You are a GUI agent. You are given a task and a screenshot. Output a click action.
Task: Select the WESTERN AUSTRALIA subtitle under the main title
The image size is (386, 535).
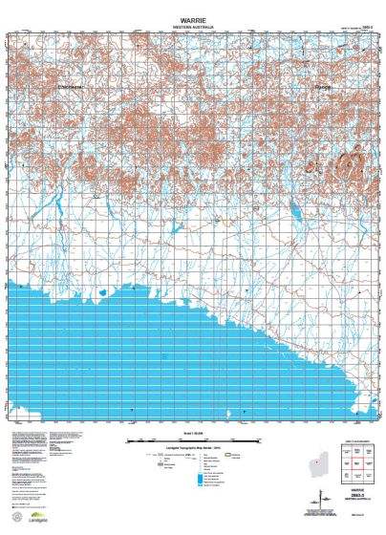(x=192, y=26)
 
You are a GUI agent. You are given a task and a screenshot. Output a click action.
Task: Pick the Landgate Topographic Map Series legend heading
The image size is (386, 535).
(x=192, y=449)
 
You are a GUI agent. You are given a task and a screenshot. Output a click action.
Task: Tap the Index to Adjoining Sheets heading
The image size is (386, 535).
(x=354, y=440)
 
